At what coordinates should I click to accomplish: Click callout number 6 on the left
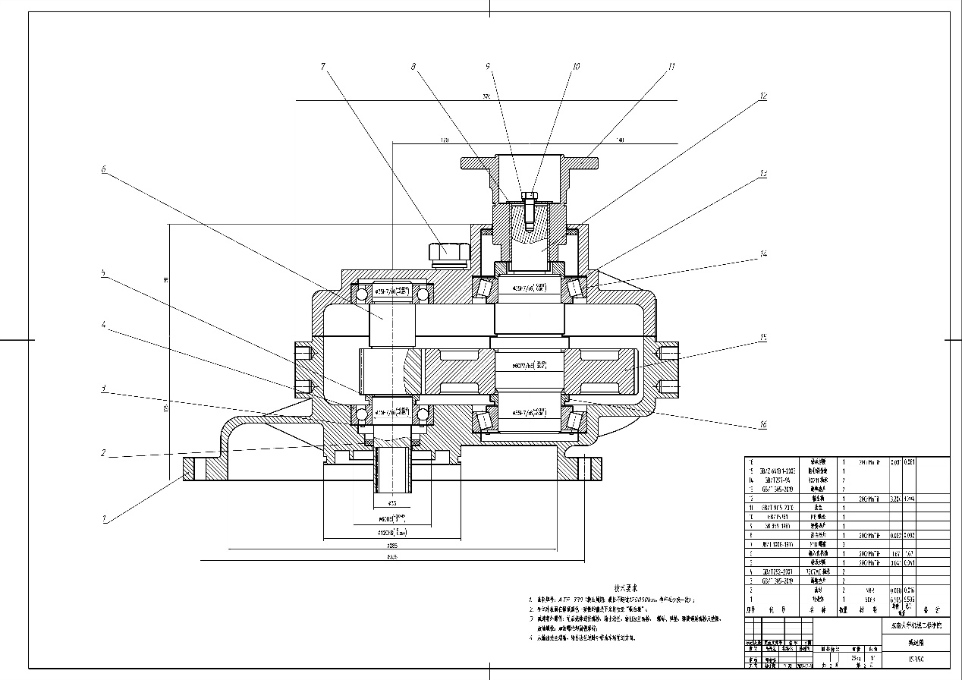pos(104,170)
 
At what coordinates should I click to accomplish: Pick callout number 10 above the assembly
pos(576,67)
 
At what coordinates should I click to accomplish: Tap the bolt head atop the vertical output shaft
pos(529,199)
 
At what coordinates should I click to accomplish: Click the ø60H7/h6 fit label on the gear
pos(530,365)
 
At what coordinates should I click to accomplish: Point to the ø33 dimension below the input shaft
pos(392,503)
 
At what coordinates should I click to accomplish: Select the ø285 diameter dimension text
pos(392,545)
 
